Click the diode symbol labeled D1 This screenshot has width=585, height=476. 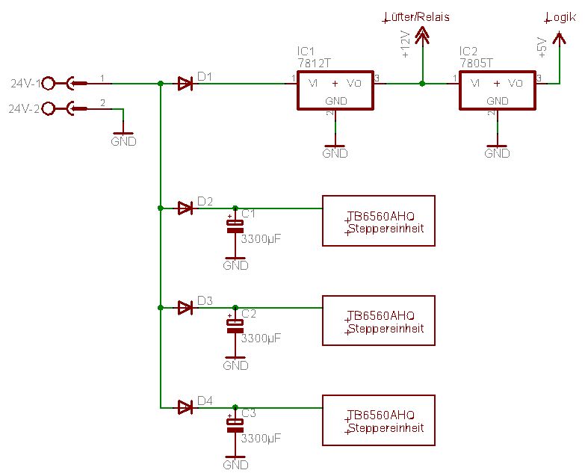(185, 84)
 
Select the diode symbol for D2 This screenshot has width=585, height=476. (185, 208)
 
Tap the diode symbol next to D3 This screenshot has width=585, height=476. (185, 308)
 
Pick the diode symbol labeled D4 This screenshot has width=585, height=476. (185, 407)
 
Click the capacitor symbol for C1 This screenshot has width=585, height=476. (235, 226)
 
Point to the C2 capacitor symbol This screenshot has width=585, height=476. (235, 326)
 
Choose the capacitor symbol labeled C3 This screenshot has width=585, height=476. (235, 426)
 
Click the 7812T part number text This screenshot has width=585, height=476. (314, 63)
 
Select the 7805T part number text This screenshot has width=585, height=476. (476, 63)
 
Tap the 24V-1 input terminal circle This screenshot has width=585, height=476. (48, 84)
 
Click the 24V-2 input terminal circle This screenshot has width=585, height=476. (48, 108)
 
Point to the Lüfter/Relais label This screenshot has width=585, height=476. (416, 17)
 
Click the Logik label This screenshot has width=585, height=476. (560, 17)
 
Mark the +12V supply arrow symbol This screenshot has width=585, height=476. (422, 35)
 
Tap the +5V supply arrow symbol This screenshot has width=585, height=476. (559, 37)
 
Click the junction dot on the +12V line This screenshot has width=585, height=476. (422, 84)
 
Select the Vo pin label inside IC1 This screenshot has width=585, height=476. (353, 83)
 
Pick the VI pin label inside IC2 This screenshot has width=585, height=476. (475, 83)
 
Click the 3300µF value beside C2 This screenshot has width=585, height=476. (261, 339)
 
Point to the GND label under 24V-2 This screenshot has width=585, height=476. (123, 141)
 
